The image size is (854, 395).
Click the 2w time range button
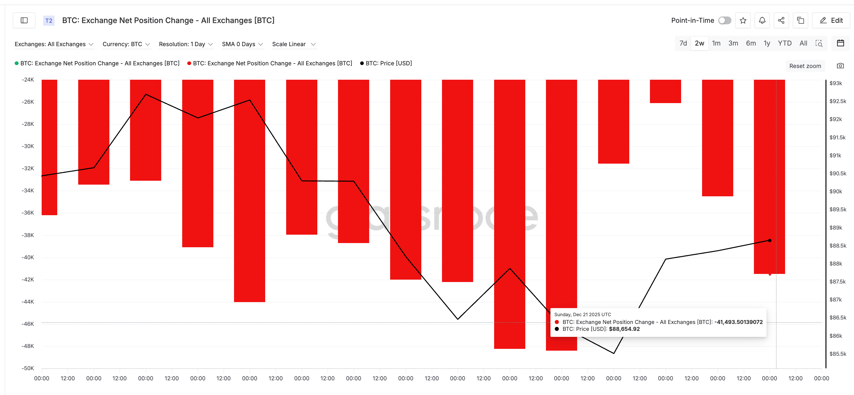point(699,43)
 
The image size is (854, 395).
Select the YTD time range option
point(784,43)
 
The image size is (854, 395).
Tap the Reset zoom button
point(805,66)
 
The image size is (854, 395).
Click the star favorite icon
point(743,21)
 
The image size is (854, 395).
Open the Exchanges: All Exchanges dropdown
point(54,44)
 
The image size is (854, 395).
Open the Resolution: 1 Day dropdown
point(186,44)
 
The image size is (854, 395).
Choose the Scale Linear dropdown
point(294,44)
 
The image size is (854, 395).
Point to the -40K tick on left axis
point(28,257)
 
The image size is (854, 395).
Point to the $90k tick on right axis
point(835,192)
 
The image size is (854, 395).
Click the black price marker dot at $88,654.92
point(769,240)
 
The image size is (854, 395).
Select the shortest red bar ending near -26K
point(665,91)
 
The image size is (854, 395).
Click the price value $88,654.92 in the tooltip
point(624,329)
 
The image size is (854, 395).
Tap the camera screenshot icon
point(840,66)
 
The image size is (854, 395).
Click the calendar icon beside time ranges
point(840,43)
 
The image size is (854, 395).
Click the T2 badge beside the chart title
point(49,21)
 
